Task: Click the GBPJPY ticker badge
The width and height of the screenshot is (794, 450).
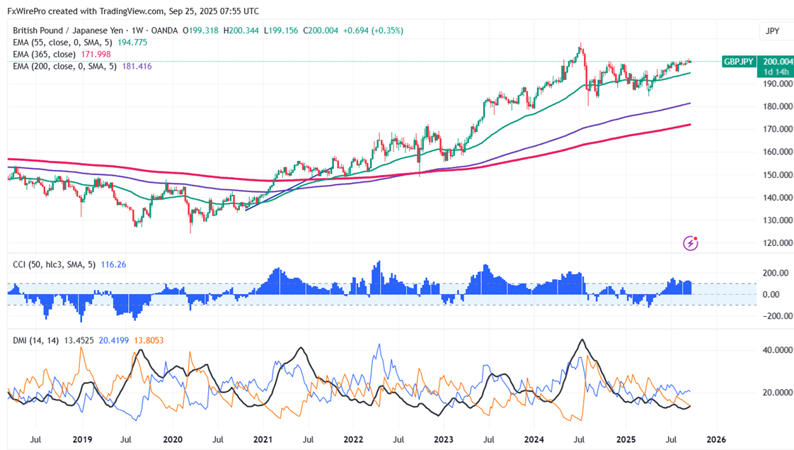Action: [x=739, y=62]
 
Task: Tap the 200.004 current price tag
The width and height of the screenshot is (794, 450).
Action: [x=775, y=62]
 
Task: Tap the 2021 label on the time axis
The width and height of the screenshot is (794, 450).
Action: [x=263, y=439]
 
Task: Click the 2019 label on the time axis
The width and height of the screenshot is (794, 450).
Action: [x=82, y=439]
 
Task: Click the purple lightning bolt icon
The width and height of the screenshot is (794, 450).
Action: [x=691, y=243]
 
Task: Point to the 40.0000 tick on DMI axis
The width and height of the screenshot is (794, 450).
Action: [x=773, y=350]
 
